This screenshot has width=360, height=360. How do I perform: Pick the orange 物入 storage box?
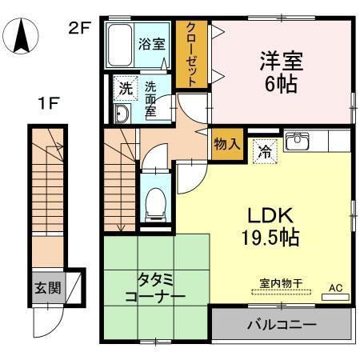226,145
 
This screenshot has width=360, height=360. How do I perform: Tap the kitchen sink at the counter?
298,142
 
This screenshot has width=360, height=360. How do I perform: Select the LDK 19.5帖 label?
271,226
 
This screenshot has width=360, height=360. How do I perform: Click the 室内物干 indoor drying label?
279,283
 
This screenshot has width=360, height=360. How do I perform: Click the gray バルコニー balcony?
280,326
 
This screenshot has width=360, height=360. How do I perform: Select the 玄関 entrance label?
46,286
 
